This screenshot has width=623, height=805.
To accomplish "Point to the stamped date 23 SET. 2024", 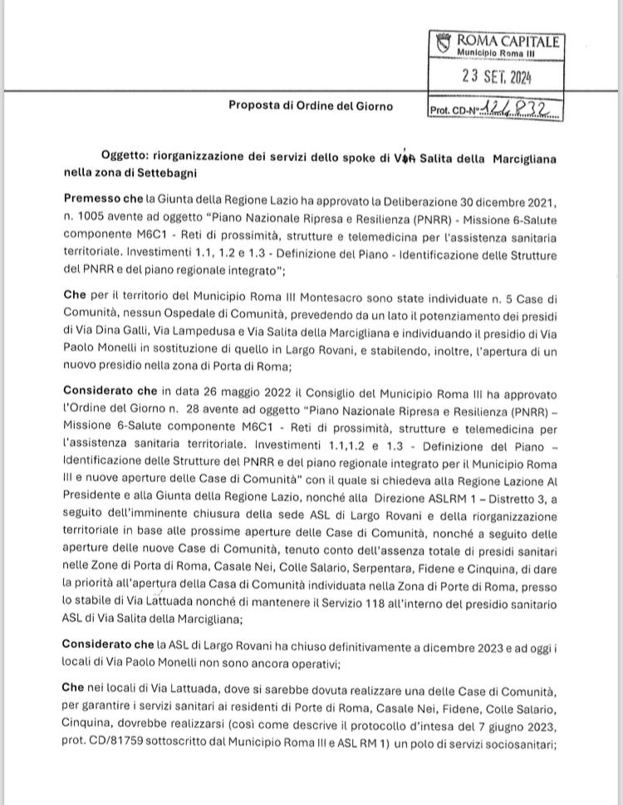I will click(x=497, y=78).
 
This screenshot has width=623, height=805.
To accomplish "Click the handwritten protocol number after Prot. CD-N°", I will click(x=522, y=108).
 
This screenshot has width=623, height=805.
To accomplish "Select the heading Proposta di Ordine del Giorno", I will click(x=311, y=106).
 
